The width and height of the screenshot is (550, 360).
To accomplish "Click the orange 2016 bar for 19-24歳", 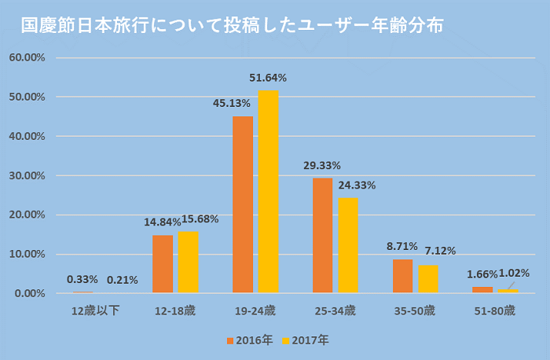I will pyautogui.click(x=243, y=204).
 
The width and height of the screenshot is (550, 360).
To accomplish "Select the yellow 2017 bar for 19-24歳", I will pyautogui.click(x=269, y=192).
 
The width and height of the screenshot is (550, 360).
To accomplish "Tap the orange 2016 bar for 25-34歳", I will pyautogui.click(x=323, y=235).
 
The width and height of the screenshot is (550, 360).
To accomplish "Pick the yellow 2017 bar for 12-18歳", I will pyautogui.click(x=189, y=262).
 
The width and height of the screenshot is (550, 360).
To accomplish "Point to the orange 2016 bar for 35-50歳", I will pyautogui.click(x=403, y=276).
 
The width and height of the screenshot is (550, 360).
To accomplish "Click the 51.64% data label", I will pyautogui.click(x=268, y=78).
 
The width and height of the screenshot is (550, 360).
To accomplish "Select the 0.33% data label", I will pyautogui.click(x=82, y=279).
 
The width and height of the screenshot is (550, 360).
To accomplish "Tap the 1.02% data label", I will pyautogui.click(x=515, y=273).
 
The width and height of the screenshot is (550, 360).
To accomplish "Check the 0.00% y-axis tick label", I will pyautogui.click(x=29, y=293).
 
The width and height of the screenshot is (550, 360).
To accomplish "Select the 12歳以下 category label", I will pyautogui.click(x=95, y=310).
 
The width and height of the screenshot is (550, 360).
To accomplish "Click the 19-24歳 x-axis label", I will pyautogui.click(x=255, y=310).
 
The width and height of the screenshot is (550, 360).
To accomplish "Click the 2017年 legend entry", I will pyautogui.click(x=306, y=340).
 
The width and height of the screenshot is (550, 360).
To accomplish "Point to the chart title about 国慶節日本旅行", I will pyautogui.click(x=232, y=25).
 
